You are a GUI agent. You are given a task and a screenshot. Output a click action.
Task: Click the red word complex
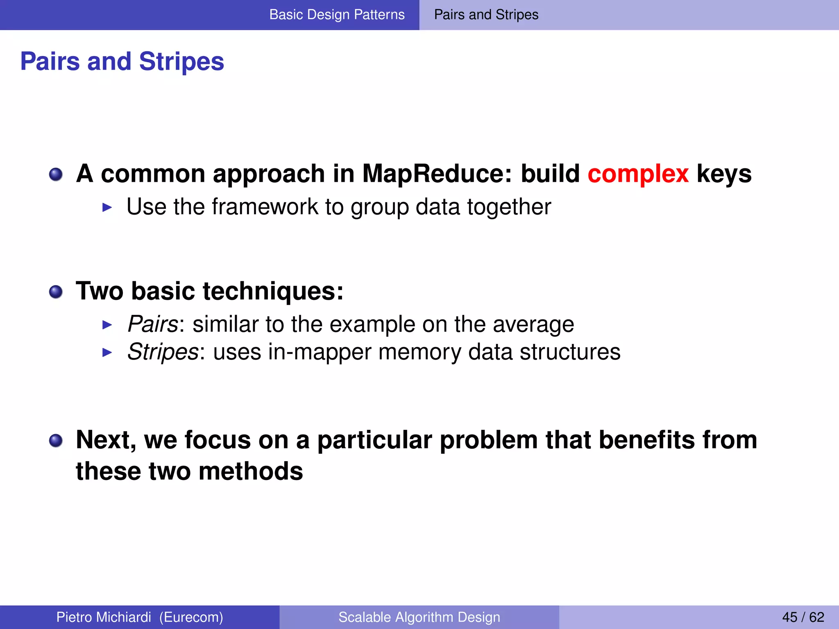click(x=638, y=174)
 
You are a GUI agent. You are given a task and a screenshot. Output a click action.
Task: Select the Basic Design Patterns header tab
click(x=337, y=15)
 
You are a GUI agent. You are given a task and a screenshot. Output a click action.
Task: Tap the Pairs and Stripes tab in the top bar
click(x=486, y=15)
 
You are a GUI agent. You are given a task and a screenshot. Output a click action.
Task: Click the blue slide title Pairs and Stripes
click(x=122, y=61)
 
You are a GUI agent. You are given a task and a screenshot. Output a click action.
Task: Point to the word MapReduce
click(x=437, y=174)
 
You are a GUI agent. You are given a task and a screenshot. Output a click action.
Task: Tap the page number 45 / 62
click(x=803, y=617)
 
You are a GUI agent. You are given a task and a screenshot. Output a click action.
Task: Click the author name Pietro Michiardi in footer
click(x=103, y=617)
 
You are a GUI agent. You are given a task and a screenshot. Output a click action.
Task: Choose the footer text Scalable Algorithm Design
click(x=419, y=617)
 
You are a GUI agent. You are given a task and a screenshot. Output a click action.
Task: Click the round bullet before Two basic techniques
click(x=56, y=292)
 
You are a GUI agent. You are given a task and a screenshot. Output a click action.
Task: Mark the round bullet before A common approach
click(x=56, y=175)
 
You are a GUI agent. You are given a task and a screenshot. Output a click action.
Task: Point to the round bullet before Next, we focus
click(x=56, y=441)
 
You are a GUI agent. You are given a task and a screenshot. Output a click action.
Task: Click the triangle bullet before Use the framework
click(x=107, y=208)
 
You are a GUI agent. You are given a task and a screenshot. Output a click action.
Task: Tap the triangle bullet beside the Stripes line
click(x=107, y=353)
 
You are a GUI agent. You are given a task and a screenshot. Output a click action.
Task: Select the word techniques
click(x=273, y=292)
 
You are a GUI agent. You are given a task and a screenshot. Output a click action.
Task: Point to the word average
click(x=533, y=325)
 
